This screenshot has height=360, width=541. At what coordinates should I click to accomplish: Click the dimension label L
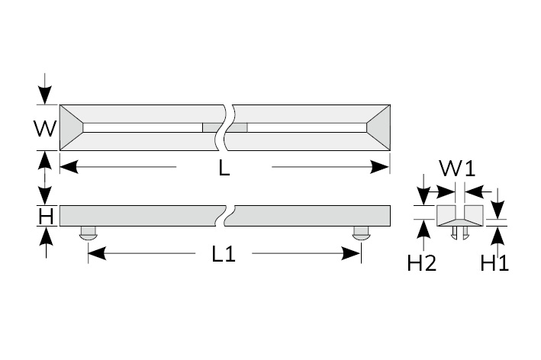click(224, 168)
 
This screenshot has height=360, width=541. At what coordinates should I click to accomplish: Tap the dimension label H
click(46, 217)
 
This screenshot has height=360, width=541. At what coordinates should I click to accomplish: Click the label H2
click(422, 263)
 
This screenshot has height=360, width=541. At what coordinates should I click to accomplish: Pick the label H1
click(495, 263)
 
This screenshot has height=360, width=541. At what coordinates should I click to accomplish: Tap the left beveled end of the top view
click(71, 127)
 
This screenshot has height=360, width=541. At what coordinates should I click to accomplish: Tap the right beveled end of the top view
click(379, 127)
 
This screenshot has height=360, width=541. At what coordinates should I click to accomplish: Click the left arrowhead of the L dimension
click(66, 166)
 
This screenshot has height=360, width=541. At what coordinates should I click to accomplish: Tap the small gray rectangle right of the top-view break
click(240, 127)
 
